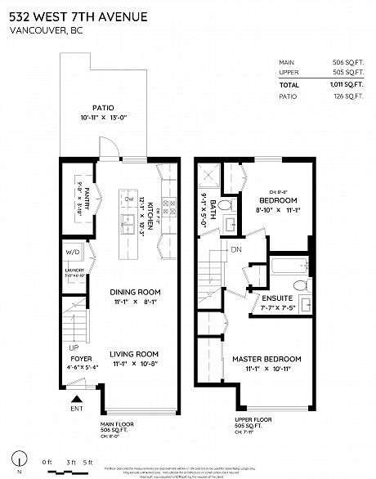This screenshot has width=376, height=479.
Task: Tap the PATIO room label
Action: click(103, 108)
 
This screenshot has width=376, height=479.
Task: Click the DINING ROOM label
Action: click(135, 292)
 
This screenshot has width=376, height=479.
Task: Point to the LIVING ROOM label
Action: click(135, 354)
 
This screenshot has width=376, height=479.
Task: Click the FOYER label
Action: click(79, 358)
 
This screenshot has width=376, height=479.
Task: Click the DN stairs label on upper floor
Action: click(236, 249)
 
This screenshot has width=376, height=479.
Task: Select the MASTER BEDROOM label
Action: click(266, 359)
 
